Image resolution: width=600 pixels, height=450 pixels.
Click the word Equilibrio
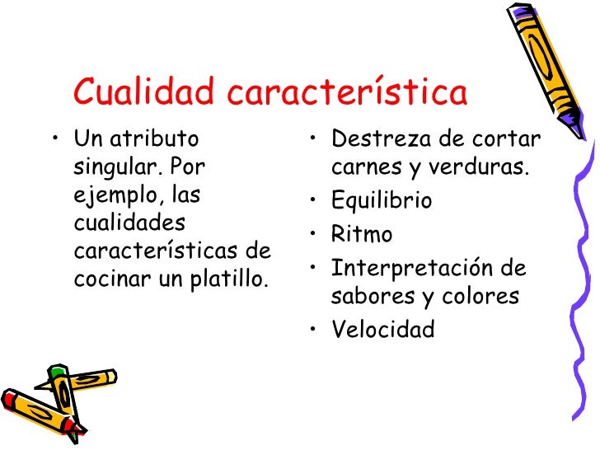[x=381, y=200]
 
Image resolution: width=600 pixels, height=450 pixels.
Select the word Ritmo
[x=362, y=235]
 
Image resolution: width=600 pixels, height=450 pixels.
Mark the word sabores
[x=370, y=296]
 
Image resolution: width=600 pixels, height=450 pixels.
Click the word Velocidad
[x=382, y=330]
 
